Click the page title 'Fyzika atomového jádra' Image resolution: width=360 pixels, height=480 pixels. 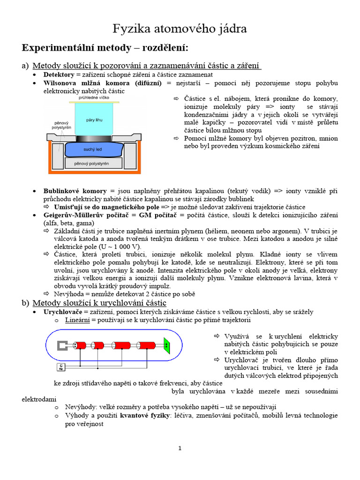pyautogui.click(x=180, y=29)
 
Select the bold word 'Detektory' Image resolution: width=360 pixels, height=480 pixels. pyautogui.click(x=59, y=75)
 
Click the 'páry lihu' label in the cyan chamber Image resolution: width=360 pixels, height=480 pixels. pyautogui.click(x=94, y=120)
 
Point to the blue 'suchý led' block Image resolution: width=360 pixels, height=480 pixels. pyautogui.click(x=92, y=149)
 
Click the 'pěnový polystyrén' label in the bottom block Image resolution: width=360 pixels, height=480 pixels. pyautogui.click(x=92, y=164)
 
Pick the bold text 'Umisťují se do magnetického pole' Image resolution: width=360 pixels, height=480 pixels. pyautogui.click(x=106, y=207)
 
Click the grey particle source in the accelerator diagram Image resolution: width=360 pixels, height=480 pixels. pyautogui.click(x=63, y=346)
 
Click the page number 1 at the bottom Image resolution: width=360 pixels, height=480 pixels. pyautogui.click(x=180, y=449)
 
